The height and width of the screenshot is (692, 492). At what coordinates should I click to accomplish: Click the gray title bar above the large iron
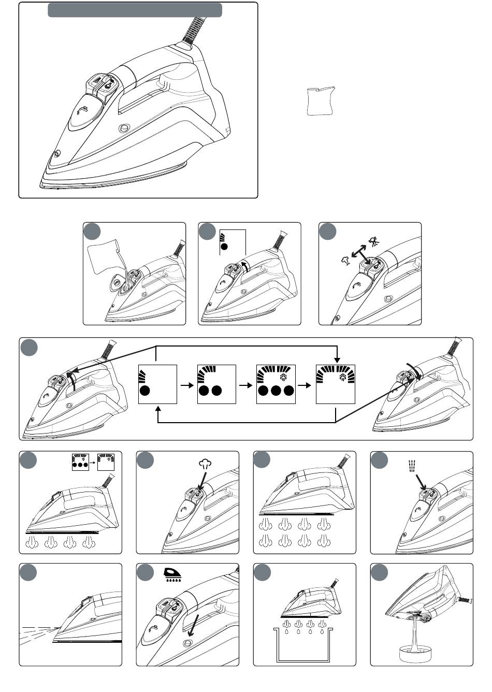point(135,10)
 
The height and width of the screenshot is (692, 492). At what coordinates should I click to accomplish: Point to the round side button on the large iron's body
point(123,128)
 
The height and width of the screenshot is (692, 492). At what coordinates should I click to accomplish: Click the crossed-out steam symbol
point(373,241)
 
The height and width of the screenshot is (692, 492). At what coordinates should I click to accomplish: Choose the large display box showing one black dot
point(158,384)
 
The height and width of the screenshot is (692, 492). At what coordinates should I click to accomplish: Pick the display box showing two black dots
point(216,384)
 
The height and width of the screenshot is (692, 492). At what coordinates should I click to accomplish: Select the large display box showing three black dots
point(276,384)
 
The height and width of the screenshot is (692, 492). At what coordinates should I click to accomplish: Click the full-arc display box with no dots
point(335,384)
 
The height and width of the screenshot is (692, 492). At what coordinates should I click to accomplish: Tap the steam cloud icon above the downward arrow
point(205,464)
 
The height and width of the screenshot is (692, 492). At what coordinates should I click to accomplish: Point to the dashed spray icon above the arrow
point(413,465)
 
